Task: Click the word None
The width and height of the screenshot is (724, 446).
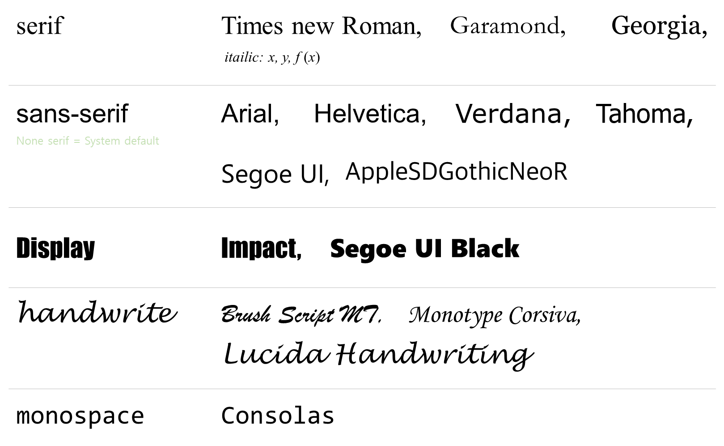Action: pos(30,141)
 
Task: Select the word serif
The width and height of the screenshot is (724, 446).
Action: pos(58,141)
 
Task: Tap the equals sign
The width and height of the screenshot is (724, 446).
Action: pos(76,142)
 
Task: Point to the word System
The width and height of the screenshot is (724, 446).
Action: pos(102,142)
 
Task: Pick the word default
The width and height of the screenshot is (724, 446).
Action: pos(142,141)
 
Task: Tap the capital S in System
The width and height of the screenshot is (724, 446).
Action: pos(87,141)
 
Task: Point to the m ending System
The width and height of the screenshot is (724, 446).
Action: pos(116,142)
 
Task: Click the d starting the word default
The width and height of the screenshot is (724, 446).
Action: pos(127,141)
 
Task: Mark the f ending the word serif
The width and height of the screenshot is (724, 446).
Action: pos(67,141)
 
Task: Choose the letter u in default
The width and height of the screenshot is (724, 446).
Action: pos(148,142)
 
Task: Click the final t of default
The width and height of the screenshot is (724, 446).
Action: pos(157,141)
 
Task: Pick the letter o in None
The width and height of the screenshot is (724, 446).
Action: pos(27,142)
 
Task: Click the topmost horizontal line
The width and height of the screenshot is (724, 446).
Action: pos(362,85)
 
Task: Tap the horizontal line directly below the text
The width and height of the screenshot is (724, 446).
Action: pos(362,207)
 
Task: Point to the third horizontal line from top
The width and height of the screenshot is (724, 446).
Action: pos(362,287)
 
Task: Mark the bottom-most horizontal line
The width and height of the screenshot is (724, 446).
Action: pos(362,389)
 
